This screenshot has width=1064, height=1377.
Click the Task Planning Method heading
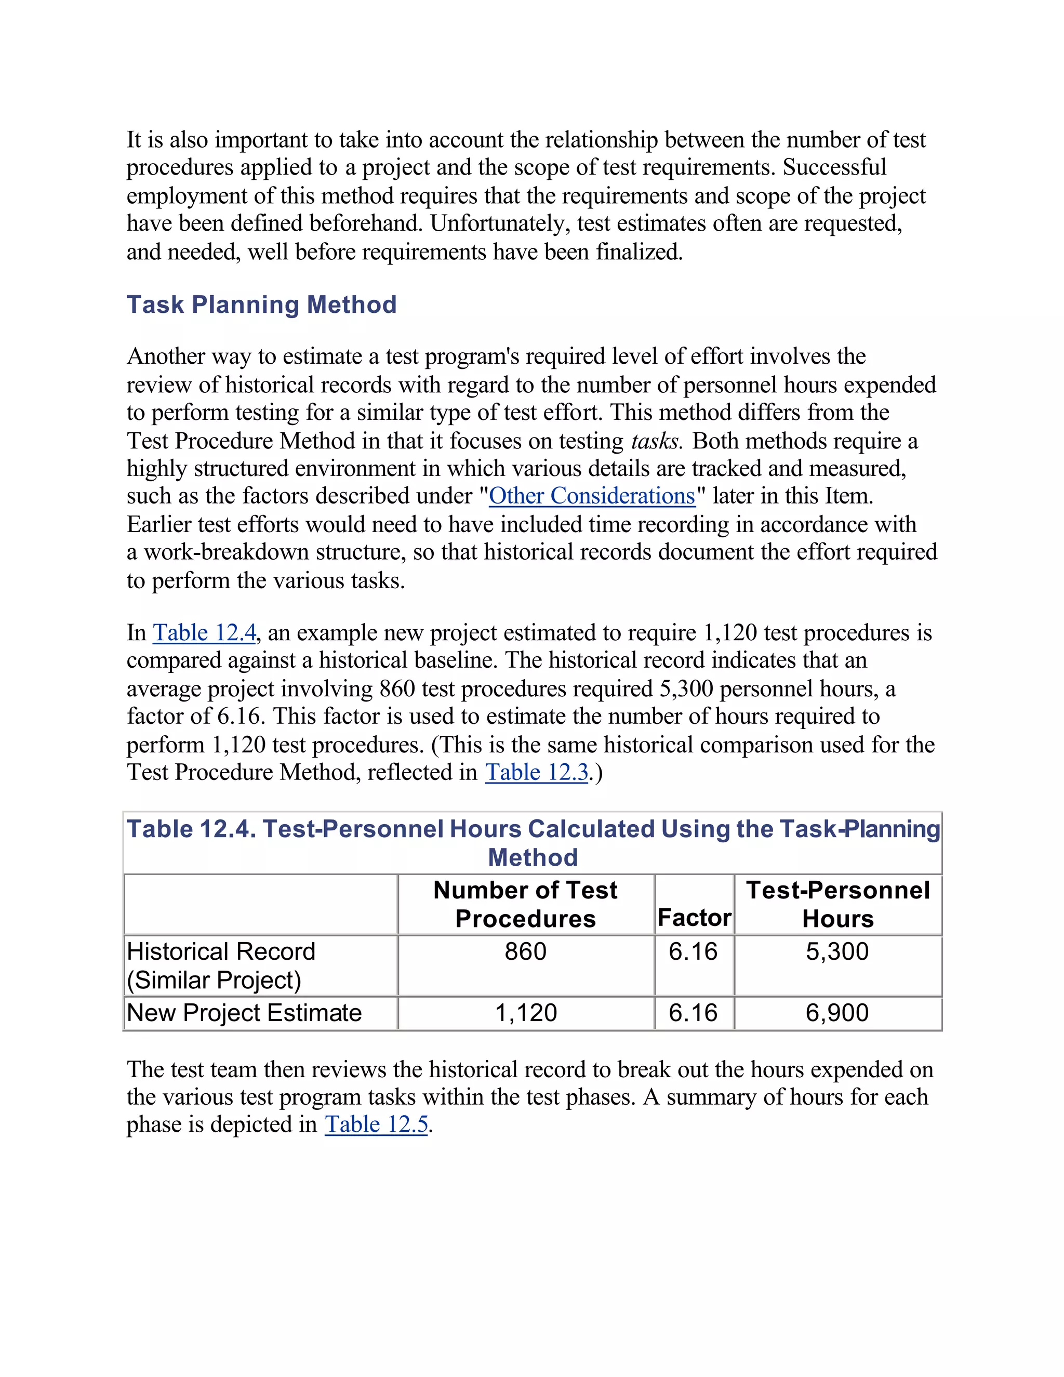tap(262, 304)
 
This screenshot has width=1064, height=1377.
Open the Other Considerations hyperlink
tap(592, 496)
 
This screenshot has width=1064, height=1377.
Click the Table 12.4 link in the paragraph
tap(204, 632)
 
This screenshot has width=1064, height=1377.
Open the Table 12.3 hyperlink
tap(536, 772)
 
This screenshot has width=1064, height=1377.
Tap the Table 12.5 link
tap(376, 1124)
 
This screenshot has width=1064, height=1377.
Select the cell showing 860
tap(525, 951)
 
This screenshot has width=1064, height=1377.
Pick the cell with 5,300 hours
tap(837, 951)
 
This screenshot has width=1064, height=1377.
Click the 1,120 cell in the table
tap(526, 1013)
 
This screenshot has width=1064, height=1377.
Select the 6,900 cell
tap(837, 1013)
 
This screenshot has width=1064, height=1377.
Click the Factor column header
tap(694, 917)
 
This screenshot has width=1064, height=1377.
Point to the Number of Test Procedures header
tap(525, 904)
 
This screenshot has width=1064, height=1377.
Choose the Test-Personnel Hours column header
tap(837, 904)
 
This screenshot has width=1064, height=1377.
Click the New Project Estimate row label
tap(244, 1013)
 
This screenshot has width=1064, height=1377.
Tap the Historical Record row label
tap(221, 965)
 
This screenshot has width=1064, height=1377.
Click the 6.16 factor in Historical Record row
tap(694, 951)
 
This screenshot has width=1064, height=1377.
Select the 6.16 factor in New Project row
tap(694, 1013)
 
